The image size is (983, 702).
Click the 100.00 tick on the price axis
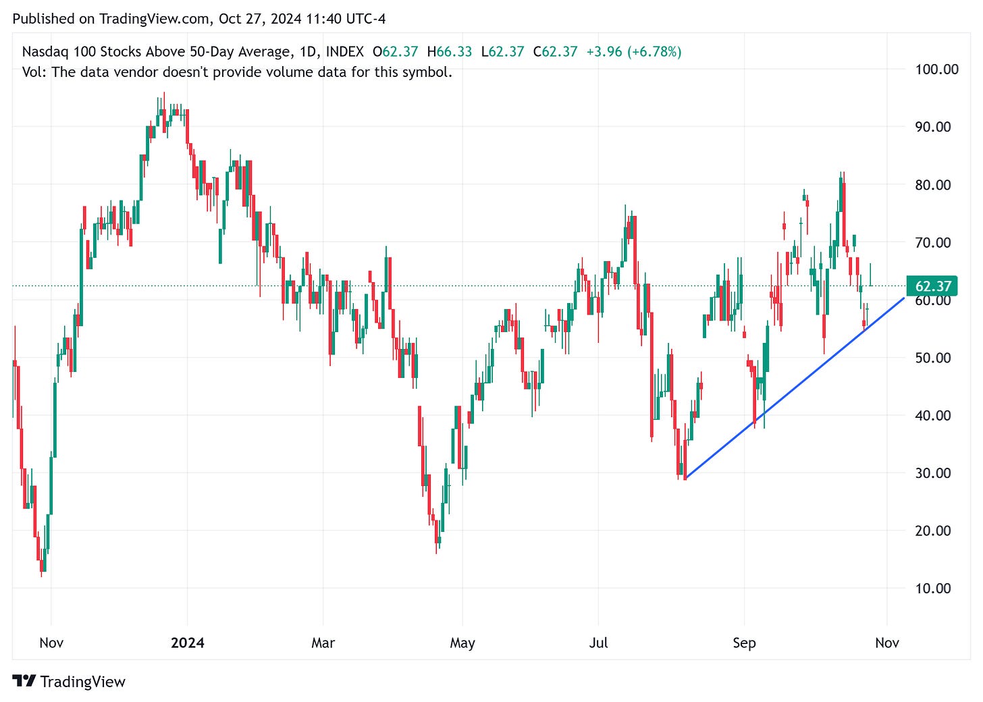(936, 69)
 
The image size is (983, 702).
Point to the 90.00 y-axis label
(933, 127)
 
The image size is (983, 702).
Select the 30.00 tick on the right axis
(933, 473)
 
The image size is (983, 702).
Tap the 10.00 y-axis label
(933, 588)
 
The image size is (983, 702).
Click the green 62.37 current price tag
(933, 287)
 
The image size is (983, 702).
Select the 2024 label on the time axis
(187, 643)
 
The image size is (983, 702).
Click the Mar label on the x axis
(323, 643)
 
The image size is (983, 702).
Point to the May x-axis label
(462, 643)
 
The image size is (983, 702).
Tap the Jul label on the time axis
(598, 643)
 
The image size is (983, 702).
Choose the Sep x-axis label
(744, 643)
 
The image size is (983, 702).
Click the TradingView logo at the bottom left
(69, 682)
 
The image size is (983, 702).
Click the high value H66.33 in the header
(449, 51)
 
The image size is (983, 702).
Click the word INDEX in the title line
(344, 51)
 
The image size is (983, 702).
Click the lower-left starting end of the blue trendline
(685, 479)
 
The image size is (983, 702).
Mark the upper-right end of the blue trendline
(904, 297)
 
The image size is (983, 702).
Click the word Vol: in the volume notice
(34, 72)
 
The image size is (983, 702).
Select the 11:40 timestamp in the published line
(323, 19)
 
